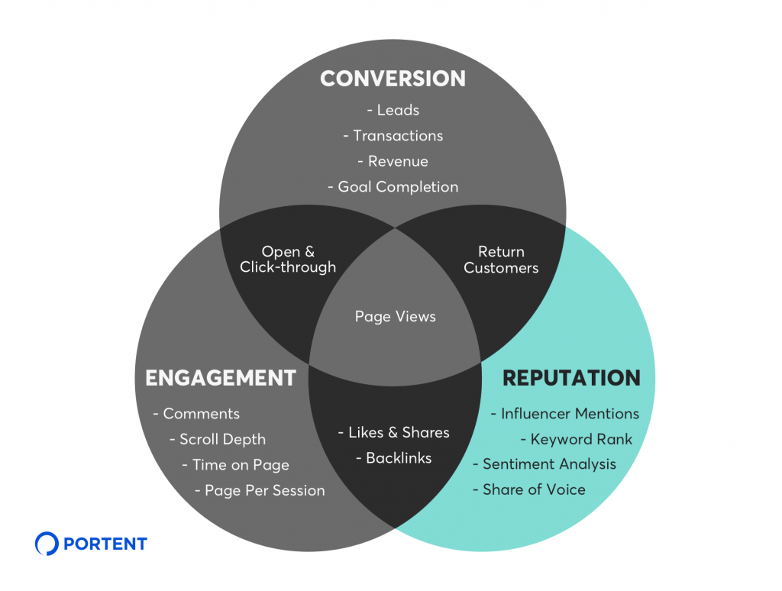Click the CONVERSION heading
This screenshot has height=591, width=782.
pyautogui.click(x=393, y=79)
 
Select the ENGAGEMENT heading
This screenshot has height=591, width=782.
pyautogui.click(x=220, y=377)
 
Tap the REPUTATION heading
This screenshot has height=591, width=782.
pyautogui.click(x=570, y=377)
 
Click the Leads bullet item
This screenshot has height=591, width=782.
pyautogui.click(x=393, y=110)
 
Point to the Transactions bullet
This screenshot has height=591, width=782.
pyautogui.click(x=393, y=136)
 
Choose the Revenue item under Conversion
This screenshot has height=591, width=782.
pyautogui.click(x=393, y=161)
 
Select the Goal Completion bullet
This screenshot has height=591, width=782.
pyautogui.click(x=393, y=187)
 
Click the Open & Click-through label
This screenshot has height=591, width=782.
pyautogui.click(x=287, y=260)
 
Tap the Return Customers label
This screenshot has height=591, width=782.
pyautogui.click(x=501, y=260)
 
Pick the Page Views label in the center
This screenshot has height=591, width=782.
pyautogui.click(x=395, y=316)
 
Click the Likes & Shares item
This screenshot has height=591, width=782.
pyautogui.click(x=393, y=432)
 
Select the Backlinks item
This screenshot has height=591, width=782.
pyautogui.click(x=393, y=458)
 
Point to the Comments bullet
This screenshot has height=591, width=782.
pyautogui.click(x=196, y=414)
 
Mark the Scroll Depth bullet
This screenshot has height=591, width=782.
pyautogui.click(x=218, y=439)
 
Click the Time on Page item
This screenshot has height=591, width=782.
pyautogui.click(x=235, y=465)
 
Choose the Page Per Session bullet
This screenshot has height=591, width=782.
pyautogui.click(x=260, y=490)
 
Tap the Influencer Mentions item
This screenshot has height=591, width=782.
pyautogui.click(x=565, y=414)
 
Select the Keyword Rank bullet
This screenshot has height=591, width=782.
pyautogui.click(x=577, y=439)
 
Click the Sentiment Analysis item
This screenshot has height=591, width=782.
pyautogui.click(x=544, y=464)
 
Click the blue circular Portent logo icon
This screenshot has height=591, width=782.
pyautogui.click(x=47, y=544)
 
